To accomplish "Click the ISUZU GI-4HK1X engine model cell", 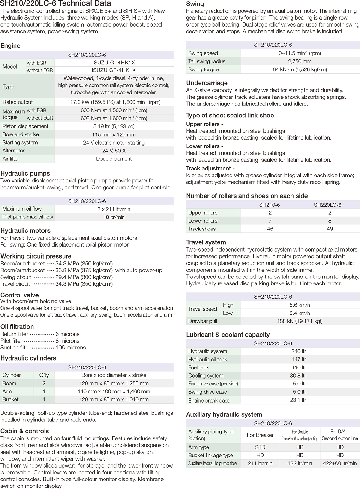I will tap(114, 63).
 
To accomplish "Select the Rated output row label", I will tap(18, 102).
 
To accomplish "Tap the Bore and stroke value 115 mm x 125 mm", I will tap(114, 134).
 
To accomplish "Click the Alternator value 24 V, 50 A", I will tap(114, 151).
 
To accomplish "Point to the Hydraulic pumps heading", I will tap(25, 173).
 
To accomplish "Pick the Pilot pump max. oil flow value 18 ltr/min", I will tap(114, 217).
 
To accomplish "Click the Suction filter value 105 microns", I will tap(70, 348).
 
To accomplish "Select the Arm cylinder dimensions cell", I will tap(114, 391).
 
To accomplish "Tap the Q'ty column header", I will tap(44, 375).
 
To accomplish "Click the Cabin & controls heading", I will tap(25, 431).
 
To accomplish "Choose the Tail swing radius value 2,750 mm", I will tap(300, 61).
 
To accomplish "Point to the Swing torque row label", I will tap(203, 69).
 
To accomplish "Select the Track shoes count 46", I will tap(270, 229).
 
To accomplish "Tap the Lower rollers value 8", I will tap(330, 221).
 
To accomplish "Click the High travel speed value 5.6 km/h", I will tap(300, 305).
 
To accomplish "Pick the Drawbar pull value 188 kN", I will tap(300, 321).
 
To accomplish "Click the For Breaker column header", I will tap(260, 435).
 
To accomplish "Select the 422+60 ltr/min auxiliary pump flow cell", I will tap(340, 463).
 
